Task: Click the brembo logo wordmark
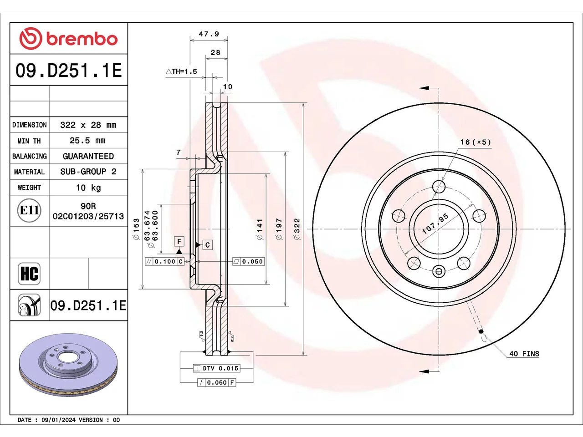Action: click(82, 39)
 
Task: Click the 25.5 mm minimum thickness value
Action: click(87, 140)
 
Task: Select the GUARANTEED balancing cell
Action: click(88, 156)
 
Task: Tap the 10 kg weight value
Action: click(88, 188)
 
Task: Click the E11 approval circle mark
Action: click(29, 210)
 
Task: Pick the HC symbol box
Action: click(29, 274)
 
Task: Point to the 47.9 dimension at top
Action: click(209, 34)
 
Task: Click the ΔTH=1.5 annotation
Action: click(181, 71)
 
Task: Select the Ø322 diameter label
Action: click(297, 229)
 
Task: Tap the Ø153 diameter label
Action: click(136, 229)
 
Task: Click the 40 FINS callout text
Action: click(524, 354)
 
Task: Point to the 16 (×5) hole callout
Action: click(476, 142)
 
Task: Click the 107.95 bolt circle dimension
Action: click(435, 224)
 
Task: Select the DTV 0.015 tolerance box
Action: click(216, 368)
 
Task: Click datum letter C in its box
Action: click(207, 244)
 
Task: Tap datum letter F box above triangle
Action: click(179, 241)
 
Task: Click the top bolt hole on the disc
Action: click(439, 187)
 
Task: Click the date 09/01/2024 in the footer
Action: click(58, 420)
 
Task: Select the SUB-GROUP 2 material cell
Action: click(88, 172)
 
